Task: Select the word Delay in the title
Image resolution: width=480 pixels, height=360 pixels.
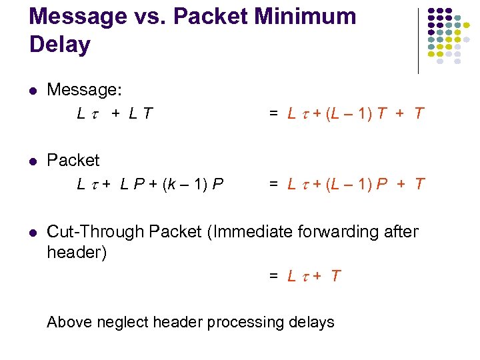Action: point(60,45)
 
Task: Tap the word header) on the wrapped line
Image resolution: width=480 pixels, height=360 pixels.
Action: point(77,253)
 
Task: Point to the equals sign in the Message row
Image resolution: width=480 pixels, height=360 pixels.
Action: point(273,113)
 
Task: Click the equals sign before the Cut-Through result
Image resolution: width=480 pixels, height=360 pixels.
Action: point(273,276)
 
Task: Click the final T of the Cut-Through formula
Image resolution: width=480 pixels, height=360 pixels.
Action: point(335,276)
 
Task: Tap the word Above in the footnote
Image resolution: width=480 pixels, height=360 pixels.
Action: point(69,323)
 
